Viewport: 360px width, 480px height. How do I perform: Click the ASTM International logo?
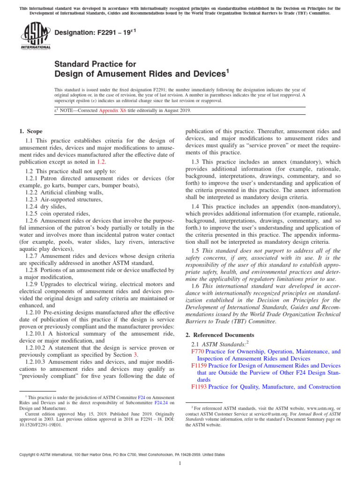[x=35, y=36]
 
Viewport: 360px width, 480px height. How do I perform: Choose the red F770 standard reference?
[x=197, y=351]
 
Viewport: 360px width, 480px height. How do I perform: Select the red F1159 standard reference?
[x=199, y=365]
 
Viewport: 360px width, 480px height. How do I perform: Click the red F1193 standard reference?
[x=199, y=387]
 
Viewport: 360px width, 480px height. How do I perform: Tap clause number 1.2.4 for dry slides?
[x=32, y=206]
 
